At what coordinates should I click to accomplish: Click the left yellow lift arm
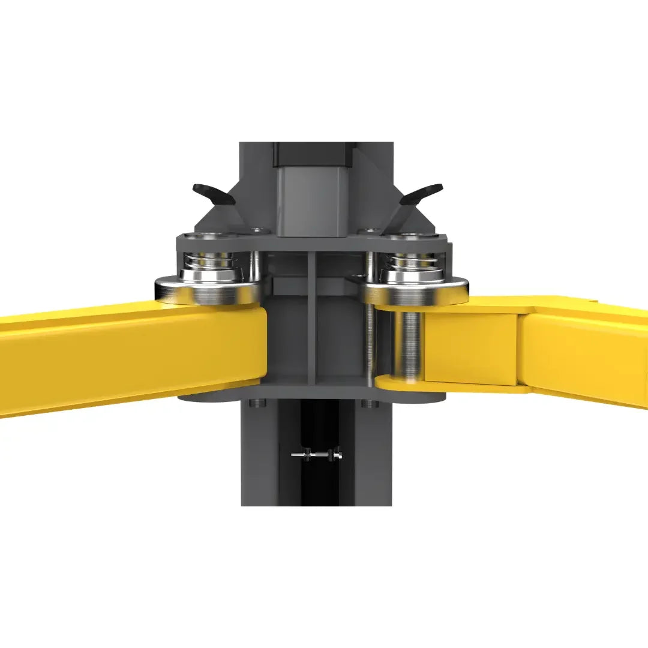coord(120,360)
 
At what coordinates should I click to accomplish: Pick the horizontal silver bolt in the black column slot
coord(317,456)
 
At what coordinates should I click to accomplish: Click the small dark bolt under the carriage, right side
coord(370,403)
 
